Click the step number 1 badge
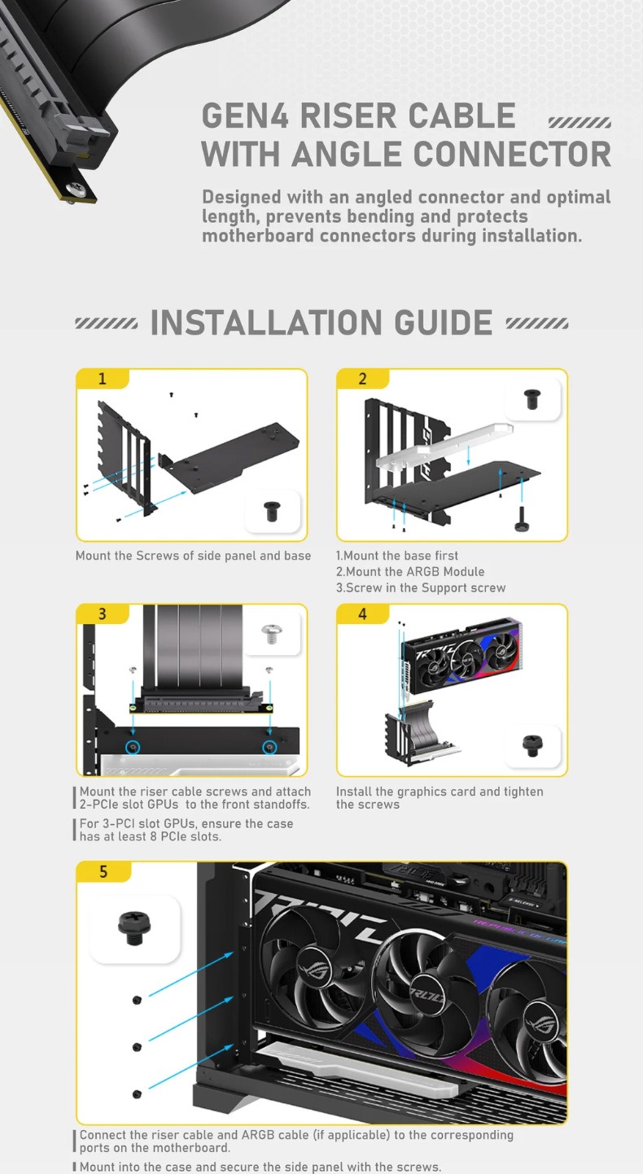[x=103, y=378]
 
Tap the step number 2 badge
[x=363, y=378]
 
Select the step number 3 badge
[x=103, y=613]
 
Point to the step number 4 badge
[x=363, y=613]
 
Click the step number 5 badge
[x=103, y=871]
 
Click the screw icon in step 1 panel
[x=272, y=511]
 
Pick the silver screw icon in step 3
[x=270, y=635]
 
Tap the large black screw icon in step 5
[x=135, y=928]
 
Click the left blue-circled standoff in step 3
[x=133, y=747]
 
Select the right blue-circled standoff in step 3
[x=269, y=747]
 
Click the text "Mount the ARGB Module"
[x=410, y=572]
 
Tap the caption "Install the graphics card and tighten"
[x=440, y=792]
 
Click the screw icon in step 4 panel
[x=532, y=745]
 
